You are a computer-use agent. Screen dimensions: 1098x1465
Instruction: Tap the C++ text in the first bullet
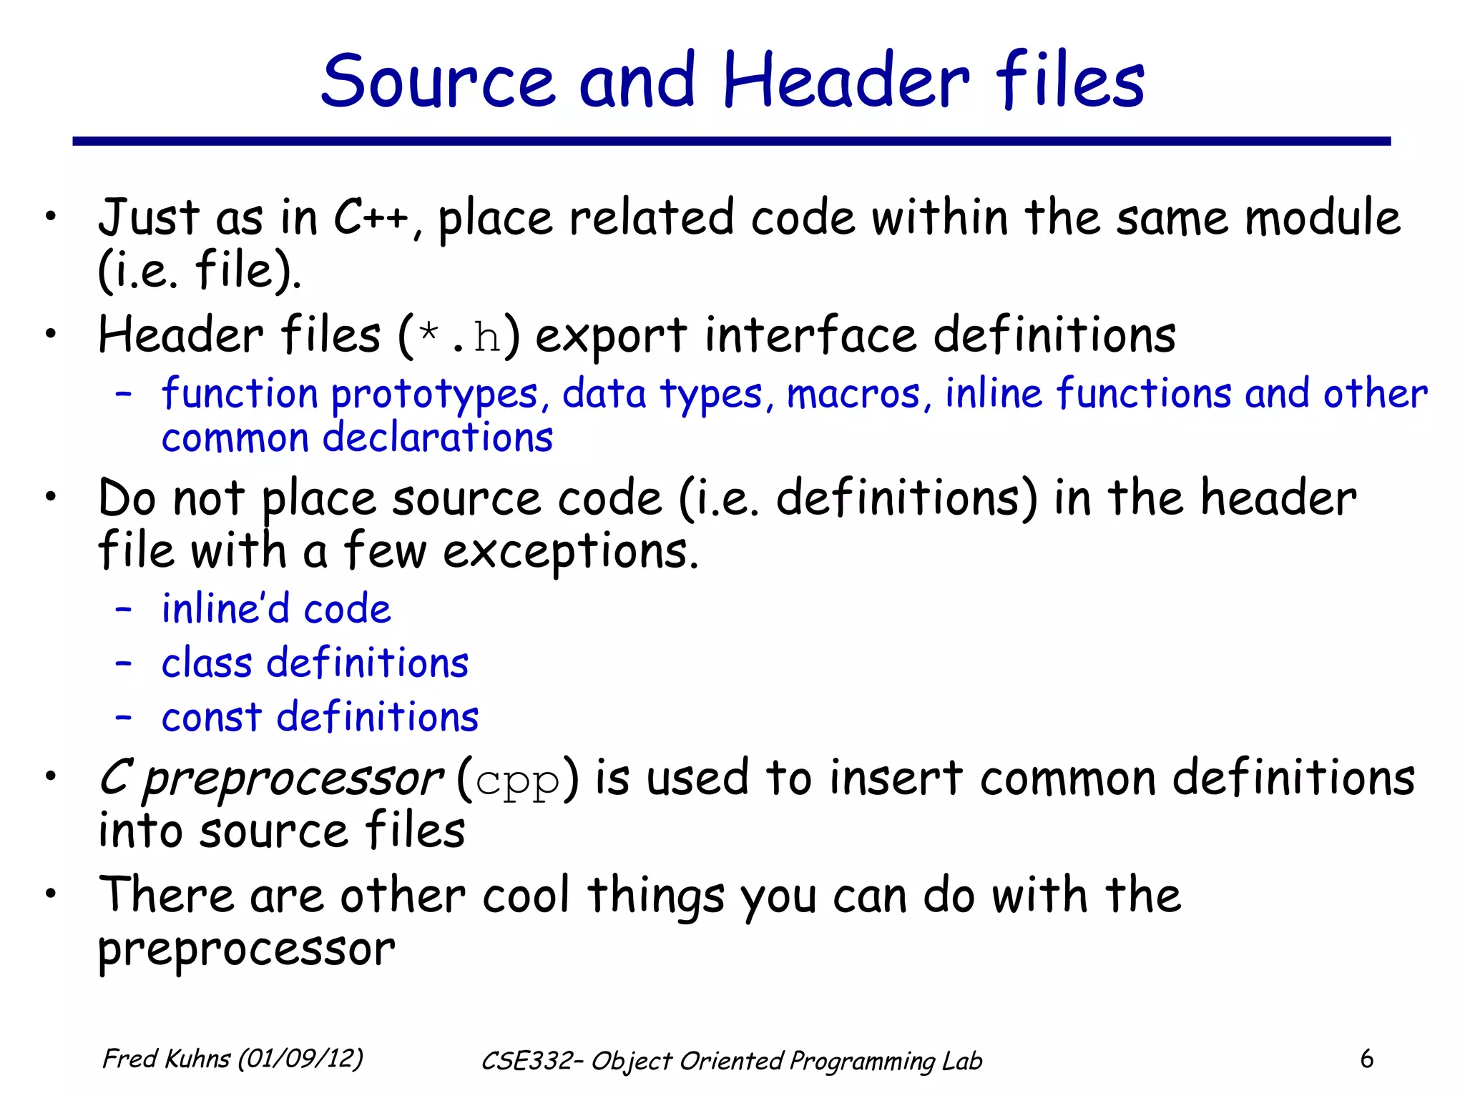[371, 217]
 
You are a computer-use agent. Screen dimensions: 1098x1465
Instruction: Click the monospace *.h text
[459, 336]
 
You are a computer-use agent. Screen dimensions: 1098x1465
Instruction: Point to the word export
[611, 336]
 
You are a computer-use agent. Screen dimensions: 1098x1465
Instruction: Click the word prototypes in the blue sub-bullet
[434, 395]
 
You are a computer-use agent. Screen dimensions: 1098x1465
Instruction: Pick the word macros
[853, 395]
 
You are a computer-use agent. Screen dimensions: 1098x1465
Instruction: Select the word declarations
[437, 437]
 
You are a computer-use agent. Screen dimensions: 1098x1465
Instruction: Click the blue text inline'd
[225, 609]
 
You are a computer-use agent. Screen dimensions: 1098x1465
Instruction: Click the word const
[212, 717]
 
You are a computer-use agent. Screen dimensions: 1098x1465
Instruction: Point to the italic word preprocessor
[293, 779]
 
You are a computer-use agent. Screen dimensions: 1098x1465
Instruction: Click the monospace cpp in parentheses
[516, 781]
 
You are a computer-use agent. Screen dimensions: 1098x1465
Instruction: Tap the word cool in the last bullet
[526, 895]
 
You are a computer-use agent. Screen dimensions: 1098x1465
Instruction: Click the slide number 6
[1366, 1059]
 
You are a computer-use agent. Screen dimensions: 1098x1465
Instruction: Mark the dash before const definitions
[123, 717]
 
